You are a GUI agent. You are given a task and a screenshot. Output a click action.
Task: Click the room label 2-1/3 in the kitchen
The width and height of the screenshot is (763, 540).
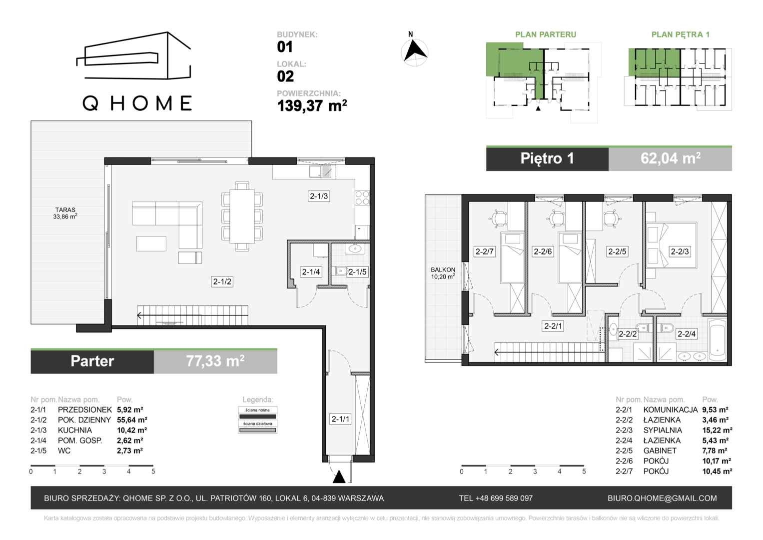319,196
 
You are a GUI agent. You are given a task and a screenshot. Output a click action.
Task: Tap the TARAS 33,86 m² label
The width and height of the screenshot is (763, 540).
65,213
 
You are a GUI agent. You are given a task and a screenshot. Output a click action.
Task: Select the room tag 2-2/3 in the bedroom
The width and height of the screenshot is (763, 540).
680,251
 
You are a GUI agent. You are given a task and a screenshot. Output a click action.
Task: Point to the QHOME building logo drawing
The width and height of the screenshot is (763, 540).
133,55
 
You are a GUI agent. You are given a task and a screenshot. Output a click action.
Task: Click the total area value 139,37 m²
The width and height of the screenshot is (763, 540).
312,105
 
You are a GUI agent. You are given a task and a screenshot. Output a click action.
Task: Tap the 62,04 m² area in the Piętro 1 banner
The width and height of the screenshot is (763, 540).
671,158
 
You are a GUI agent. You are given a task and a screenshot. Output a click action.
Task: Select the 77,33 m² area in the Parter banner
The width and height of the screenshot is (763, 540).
215,361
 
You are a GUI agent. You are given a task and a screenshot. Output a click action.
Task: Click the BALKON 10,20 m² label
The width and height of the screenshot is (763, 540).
443,273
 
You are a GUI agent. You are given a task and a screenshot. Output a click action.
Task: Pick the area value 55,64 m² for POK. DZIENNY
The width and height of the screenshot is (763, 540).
132,419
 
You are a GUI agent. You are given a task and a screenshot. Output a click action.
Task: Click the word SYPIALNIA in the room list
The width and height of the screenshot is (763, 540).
663,430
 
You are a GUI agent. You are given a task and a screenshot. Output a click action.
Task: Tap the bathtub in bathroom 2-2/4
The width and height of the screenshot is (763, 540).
717,340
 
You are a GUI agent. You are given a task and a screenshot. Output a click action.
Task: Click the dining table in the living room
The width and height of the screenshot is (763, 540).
242,216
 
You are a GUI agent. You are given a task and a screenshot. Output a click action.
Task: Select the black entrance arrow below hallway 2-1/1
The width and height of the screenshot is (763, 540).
339,476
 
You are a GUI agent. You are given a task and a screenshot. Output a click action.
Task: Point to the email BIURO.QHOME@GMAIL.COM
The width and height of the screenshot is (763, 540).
662,498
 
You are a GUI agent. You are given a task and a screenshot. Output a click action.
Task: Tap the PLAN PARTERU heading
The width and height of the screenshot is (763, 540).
546,34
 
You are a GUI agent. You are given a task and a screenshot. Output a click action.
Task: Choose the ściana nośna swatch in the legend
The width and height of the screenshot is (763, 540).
257,416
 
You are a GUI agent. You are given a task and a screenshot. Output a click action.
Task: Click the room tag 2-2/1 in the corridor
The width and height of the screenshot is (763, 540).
553,326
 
